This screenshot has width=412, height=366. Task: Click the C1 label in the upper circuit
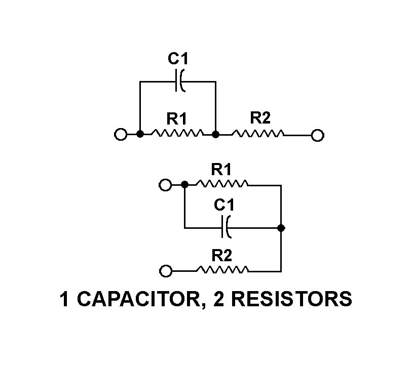pos(178,59)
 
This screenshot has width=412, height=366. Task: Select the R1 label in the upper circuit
pos(177,119)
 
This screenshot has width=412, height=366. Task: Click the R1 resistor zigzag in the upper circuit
pos(177,134)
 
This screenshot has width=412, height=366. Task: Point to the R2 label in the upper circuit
pos(260,118)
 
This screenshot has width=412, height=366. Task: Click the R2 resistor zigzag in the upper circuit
pos(258,134)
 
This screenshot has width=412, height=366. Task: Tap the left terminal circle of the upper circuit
pos(121,135)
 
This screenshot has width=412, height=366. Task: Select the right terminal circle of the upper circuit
pos(318,135)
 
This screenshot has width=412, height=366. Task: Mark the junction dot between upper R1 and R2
pos(216,135)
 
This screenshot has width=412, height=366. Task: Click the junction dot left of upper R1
pos(140,134)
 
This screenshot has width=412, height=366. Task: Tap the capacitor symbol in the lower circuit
pos(226,227)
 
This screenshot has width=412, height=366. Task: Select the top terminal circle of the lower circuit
pos(165,185)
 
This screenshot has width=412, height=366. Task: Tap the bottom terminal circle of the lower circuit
pos(165,271)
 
